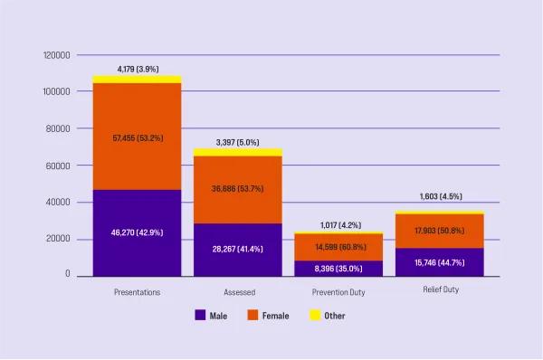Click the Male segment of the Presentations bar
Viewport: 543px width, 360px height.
click(137, 233)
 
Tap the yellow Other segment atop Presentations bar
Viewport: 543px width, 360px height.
click(137, 80)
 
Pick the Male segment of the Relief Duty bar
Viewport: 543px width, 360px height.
click(441, 262)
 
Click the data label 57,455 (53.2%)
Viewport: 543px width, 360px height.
click(138, 137)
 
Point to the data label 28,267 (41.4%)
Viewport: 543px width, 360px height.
click(238, 248)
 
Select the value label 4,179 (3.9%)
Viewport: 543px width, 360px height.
click(138, 69)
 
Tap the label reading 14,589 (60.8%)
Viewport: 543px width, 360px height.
click(340, 247)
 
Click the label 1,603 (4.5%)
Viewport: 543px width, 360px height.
click(441, 196)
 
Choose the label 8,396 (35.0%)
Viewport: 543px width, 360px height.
click(340, 269)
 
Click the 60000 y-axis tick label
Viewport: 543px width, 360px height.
click(58, 166)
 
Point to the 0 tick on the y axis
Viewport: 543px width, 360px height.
click(67, 274)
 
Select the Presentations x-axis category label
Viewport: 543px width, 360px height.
click(138, 292)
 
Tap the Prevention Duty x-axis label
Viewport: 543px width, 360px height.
click(339, 292)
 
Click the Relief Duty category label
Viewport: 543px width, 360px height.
click(441, 289)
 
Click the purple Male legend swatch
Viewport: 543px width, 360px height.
click(200, 316)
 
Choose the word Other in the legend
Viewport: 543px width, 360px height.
click(334, 316)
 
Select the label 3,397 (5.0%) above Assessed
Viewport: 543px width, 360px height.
click(238, 142)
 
